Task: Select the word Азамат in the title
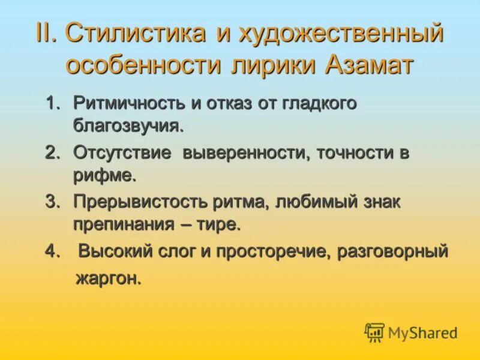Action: point(368,65)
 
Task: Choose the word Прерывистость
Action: point(133,202)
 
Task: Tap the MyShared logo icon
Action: point(374,332)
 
